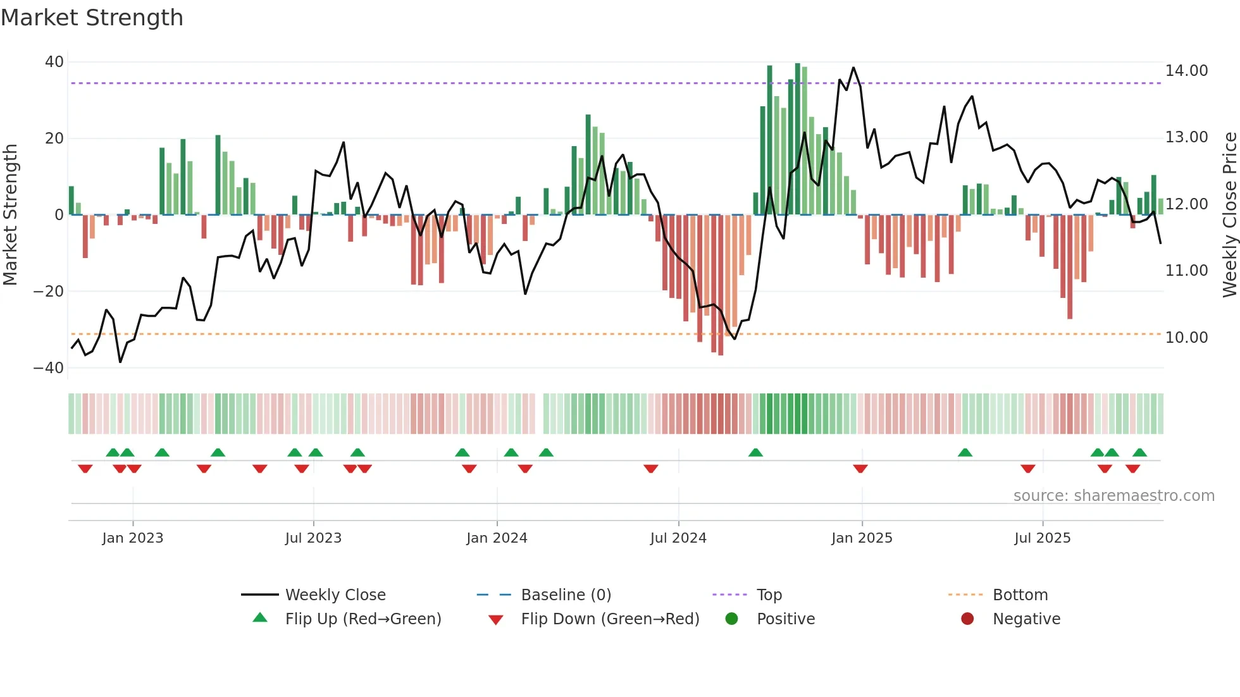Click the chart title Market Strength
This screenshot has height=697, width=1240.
[92, 18]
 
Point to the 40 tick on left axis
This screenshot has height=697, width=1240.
[54, 62]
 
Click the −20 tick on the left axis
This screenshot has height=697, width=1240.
[49, 292]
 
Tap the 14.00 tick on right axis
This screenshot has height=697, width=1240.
[1186, 71]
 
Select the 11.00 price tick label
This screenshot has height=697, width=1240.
[1186, 271]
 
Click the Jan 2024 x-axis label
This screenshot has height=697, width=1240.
[497, 538]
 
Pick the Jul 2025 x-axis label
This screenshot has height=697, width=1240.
[1042, 538]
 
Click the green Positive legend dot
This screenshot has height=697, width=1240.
[732, 619]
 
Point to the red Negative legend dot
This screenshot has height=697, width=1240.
[967, 619]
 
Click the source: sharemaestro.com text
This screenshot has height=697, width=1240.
[1113, 496]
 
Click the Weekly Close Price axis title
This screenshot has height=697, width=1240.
[1229, 215]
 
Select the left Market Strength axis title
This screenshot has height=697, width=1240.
[11, 215]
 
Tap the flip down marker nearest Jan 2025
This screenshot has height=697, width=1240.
[860, 469]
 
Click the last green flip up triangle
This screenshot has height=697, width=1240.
[1139, 452]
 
